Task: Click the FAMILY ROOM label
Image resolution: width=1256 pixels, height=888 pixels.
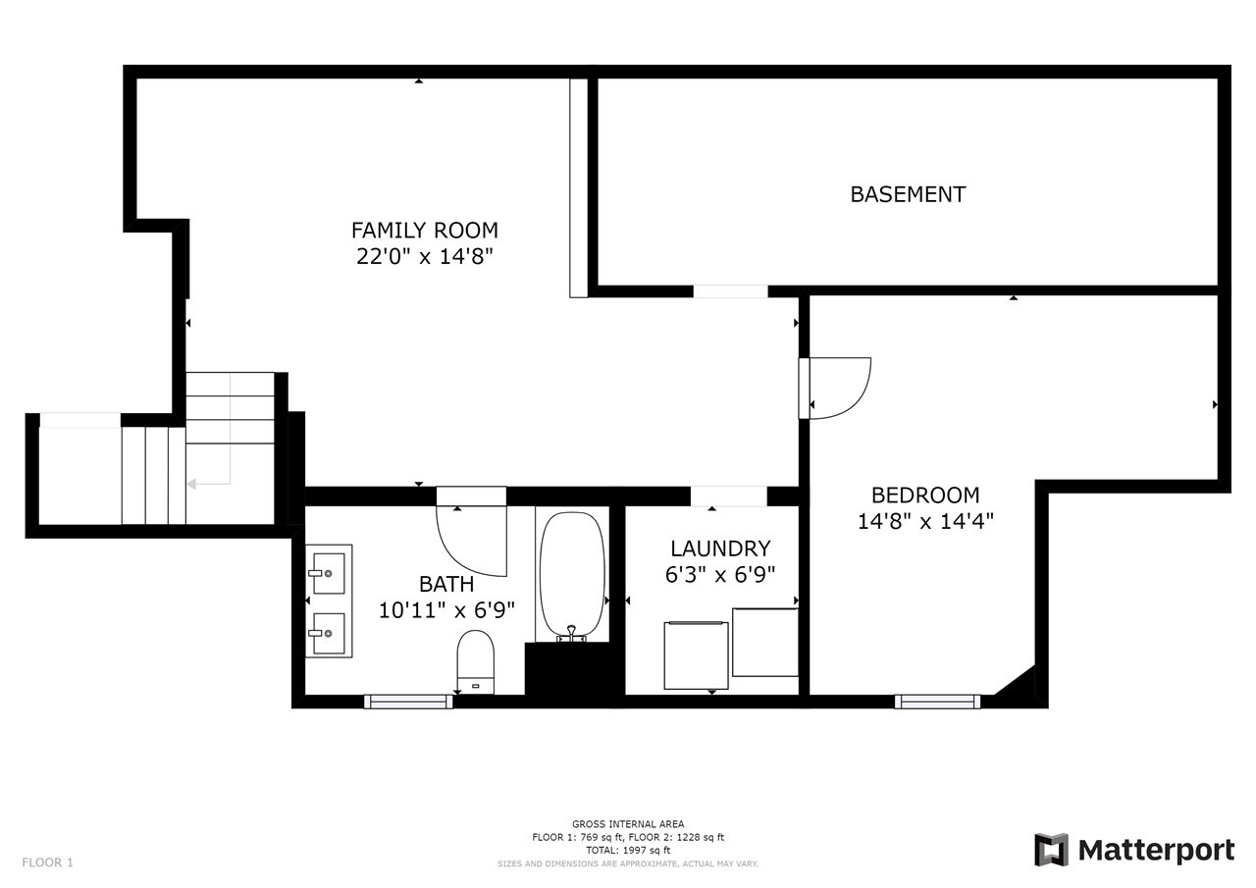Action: (425, 231)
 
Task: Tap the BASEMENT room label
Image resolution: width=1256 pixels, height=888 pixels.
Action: (908, 194)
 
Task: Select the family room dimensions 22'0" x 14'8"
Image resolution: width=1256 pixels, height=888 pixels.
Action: (425, 257)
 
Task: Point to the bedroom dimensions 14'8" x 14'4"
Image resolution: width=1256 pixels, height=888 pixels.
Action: (925, 521)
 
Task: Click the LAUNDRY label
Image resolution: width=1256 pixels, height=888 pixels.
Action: (720, 548)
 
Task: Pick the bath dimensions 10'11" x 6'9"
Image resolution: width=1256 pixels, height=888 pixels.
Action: (446, 610)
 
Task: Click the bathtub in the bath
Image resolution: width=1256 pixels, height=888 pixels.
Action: (572, 575)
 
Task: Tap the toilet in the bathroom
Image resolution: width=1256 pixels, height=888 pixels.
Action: (476, 662)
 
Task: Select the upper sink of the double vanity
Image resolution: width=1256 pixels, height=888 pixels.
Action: (328, 573)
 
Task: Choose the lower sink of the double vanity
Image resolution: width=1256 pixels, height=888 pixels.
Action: (328, 633)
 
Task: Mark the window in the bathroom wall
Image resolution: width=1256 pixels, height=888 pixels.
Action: (408, 702)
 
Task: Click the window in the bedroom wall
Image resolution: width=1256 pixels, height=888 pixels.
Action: (937, 702)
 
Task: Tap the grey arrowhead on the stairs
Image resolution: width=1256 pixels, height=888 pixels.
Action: (191, 484)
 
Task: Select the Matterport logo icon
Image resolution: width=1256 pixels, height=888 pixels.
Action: (1051, 850)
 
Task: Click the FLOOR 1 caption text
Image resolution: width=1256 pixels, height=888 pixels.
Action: (48, 862)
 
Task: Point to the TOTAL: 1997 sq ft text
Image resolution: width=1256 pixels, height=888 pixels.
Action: (628, 850)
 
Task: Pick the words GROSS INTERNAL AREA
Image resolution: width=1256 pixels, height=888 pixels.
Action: (628, 824)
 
